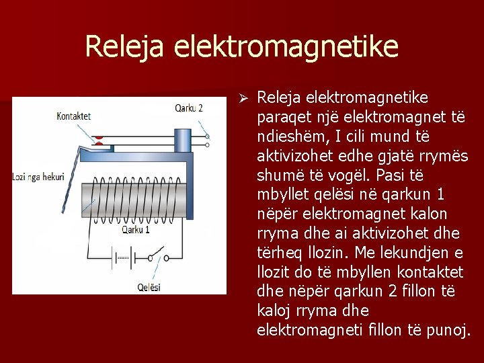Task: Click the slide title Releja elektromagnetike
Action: (x=241, y=47)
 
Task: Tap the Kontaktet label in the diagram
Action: (x=74, y=116)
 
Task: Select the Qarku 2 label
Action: (x=189, y=108)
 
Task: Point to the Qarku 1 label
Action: (x=136, y=229)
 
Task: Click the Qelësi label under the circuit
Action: (x=149, y=287)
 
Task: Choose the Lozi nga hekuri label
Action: (x=38, y=177)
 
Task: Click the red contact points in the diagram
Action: (x=99, y=139)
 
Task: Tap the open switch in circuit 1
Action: (x=158, y=256)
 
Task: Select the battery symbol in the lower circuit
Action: (x=123, y=257)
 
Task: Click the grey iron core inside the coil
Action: (x=134, y=200)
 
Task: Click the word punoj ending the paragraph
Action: (x=448, y=331)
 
